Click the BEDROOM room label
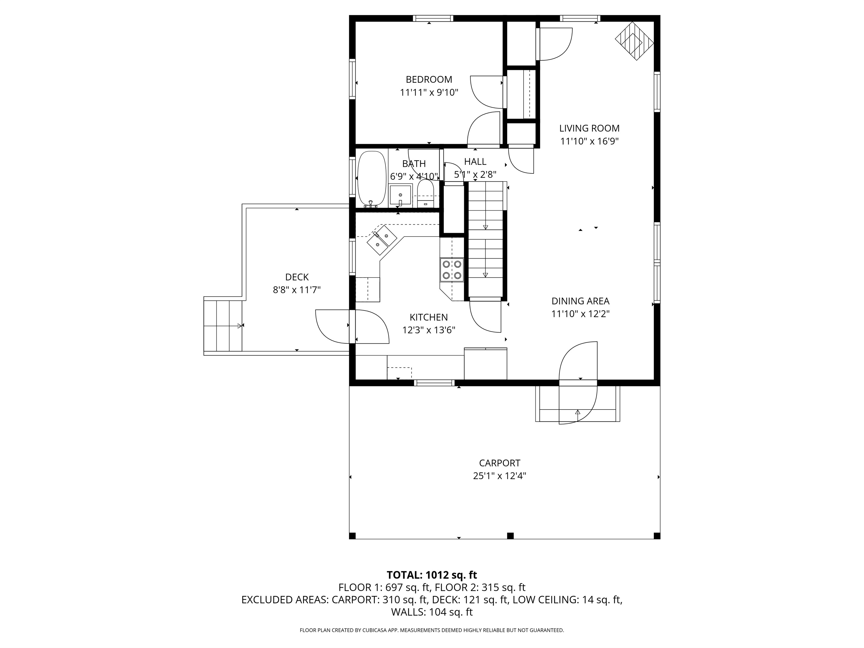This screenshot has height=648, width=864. click(x=429, y=80)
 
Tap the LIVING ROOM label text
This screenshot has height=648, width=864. click(x=589, y=128)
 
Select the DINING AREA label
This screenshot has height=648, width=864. click(x=580, y=301)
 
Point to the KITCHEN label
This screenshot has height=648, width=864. click(x=429, y=317)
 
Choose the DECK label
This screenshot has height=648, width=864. click(x=297, y=277)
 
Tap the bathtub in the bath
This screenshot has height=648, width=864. click(x=372, y=179)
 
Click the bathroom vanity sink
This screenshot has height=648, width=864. click(x=400, y=194)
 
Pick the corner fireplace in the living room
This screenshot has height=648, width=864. click(x=635, y=41)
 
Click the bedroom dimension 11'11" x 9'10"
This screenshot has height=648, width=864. click(x=429, y=92)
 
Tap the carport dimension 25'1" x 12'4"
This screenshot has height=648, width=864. click(x=500, y=476)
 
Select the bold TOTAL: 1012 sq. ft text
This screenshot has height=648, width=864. click(x=432, y=575)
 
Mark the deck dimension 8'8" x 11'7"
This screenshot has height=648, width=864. click(x=297, y=290)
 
